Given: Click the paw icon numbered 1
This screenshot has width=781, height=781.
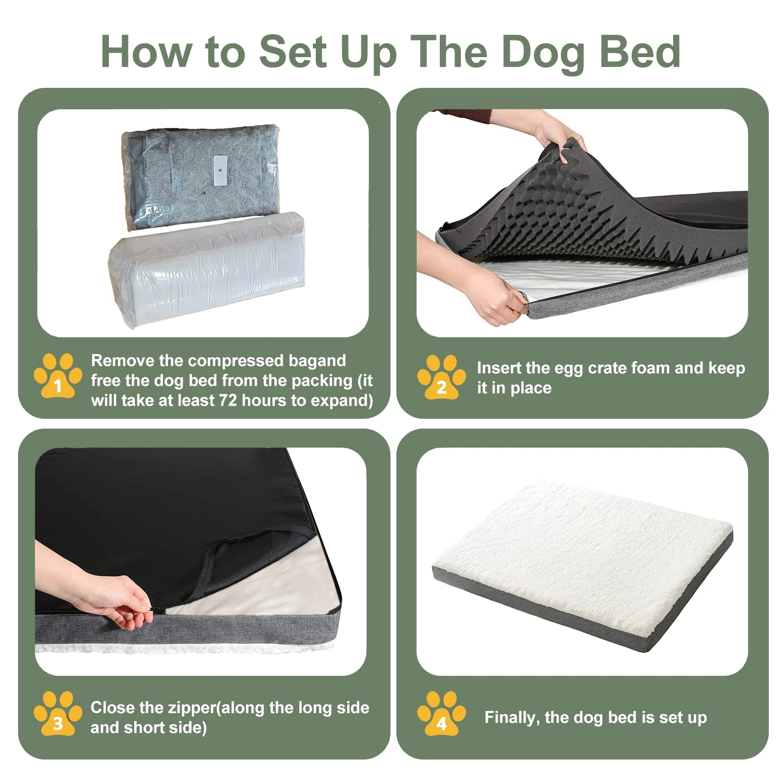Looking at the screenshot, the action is pos(58,375).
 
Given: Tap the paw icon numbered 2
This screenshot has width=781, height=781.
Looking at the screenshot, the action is pos(441,377).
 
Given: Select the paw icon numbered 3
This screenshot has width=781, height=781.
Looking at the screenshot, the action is pos(58,713).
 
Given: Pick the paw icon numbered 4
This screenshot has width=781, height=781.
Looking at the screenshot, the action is pos(441,713).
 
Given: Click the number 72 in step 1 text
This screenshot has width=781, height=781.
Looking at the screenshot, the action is pos(228,400).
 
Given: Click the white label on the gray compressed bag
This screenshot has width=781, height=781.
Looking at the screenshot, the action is pos(220,170).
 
